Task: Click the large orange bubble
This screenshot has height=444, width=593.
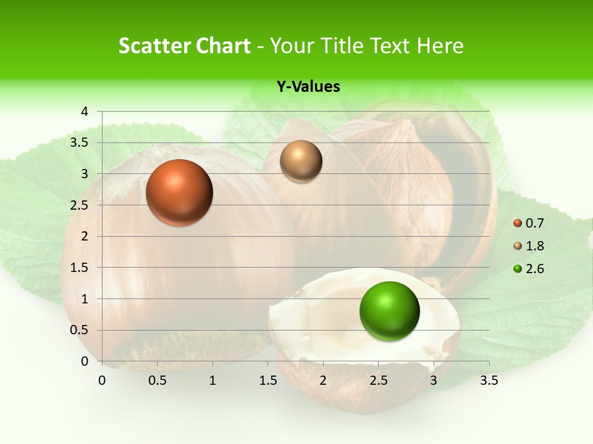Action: (179, 192)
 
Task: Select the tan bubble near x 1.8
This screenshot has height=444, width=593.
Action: (301, 162)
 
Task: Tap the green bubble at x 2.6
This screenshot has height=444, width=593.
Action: (389, 311)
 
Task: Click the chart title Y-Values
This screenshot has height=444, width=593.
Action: (308, 87)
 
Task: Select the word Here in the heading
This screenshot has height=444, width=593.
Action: (439, 46)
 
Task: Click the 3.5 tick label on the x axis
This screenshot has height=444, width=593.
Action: (489, 380)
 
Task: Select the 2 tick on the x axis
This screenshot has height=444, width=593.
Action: (323, 380)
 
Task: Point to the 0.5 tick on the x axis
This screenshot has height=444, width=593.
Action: (157, 380)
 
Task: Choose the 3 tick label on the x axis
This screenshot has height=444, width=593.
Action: (434, 380)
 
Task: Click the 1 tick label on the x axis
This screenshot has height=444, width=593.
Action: (212, 380)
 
